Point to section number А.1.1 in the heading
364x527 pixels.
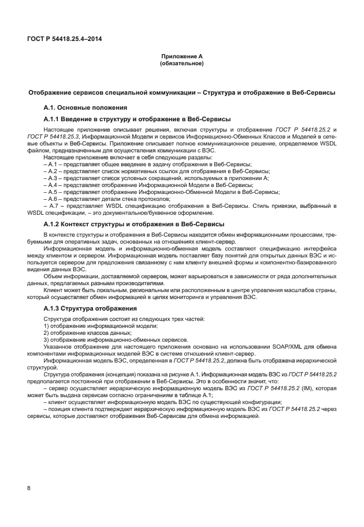54,119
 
